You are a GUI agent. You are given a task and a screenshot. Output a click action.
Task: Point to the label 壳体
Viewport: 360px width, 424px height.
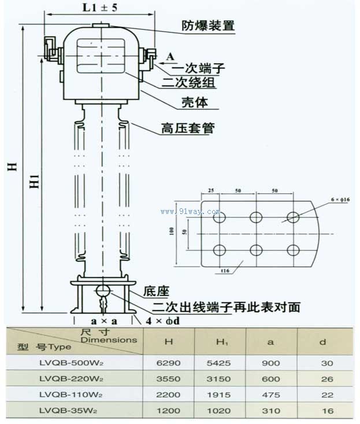(x=195, y=104)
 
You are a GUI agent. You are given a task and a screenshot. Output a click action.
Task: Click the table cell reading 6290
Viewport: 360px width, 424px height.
(x=169, y=363)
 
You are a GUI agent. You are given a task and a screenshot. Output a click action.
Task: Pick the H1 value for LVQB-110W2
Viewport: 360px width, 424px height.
(x=220, y=395)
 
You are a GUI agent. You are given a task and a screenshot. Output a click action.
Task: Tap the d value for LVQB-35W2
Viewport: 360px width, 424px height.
(x=322, y=411)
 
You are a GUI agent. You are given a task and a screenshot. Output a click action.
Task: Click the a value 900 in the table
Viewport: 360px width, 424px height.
(x=270, y=363)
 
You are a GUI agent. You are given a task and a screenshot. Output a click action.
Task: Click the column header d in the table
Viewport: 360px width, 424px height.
(x=322, y=342)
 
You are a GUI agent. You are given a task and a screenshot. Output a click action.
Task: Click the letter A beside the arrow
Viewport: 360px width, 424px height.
(x=169, y=56)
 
